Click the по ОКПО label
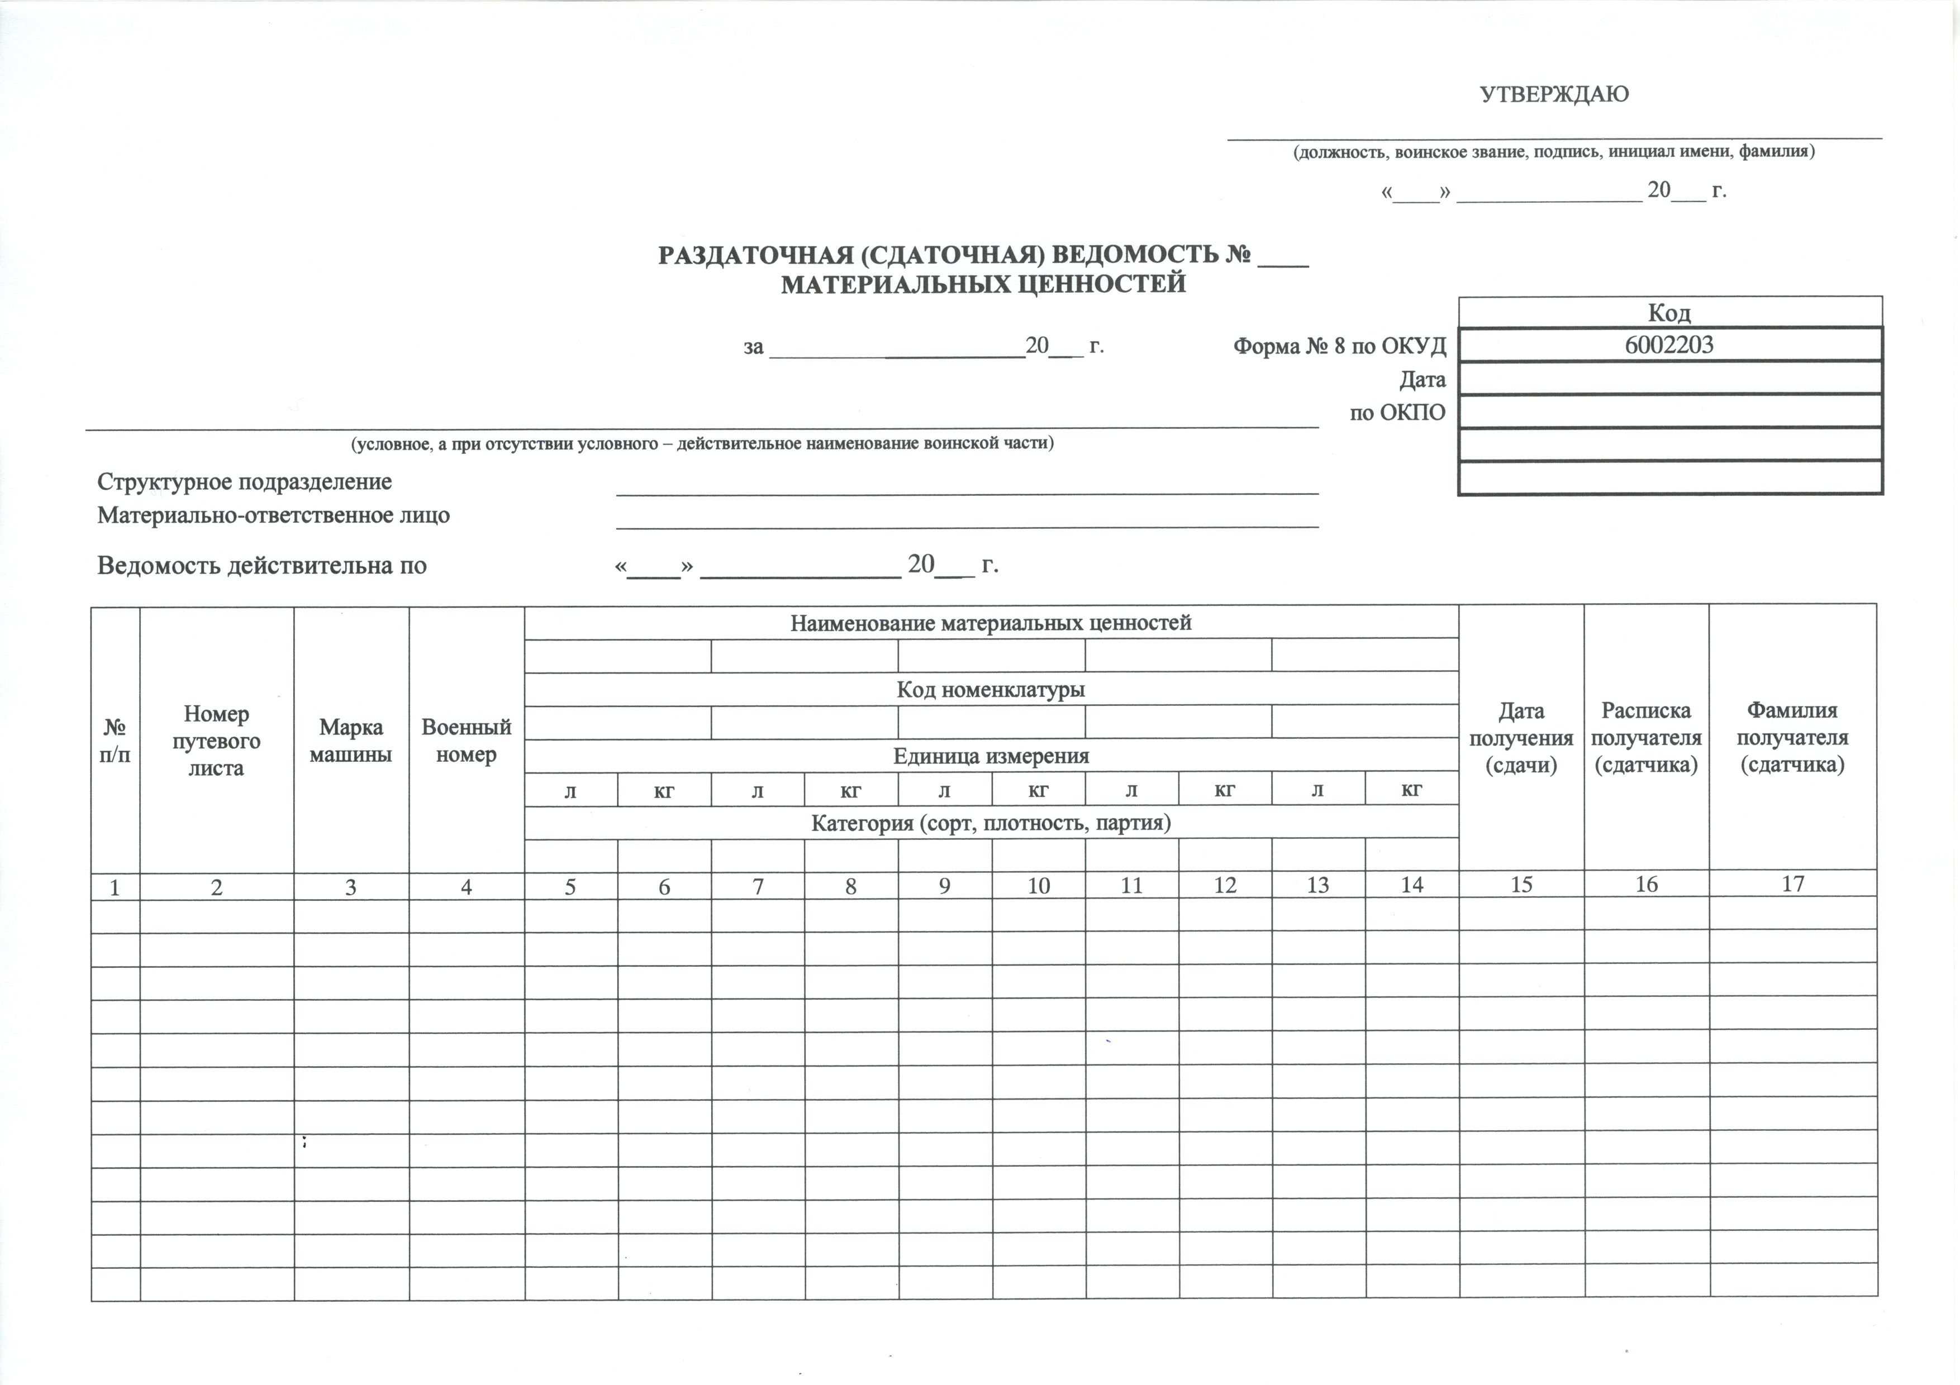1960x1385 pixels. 1397,413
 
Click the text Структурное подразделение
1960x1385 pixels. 244,482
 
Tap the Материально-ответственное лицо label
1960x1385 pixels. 273,515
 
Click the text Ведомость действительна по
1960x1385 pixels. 261,566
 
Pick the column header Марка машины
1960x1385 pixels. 351,741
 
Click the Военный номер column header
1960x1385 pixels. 466,741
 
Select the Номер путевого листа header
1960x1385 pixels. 216,741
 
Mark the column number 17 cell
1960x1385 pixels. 1793,884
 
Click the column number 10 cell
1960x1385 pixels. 1038,886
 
